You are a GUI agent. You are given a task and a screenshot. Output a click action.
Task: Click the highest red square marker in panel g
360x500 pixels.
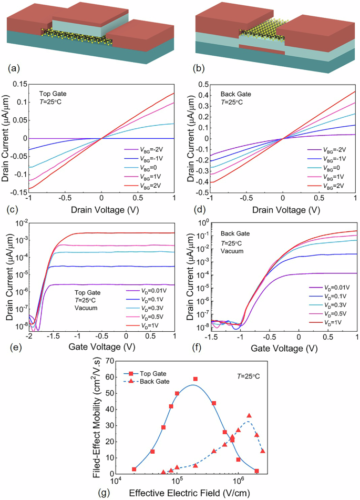coord(196,379)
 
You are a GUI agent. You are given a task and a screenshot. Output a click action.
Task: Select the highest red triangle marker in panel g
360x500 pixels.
coord(249,415)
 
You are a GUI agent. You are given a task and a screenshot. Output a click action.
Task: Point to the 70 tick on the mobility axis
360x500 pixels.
coord(109,361)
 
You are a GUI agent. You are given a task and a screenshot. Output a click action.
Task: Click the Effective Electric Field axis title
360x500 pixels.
coord(187,493)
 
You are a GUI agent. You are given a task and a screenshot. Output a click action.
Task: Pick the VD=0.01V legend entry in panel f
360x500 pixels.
coord(333,288)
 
